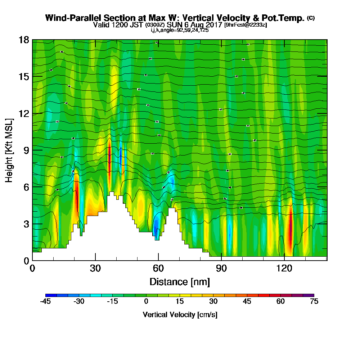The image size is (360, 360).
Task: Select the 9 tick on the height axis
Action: pos(26,150)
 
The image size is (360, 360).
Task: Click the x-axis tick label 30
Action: pos(95,268)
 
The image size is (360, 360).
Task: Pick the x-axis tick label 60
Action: pos(158,268)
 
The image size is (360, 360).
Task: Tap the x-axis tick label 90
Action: pos(221,268)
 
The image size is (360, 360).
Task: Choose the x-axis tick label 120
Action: pos(284,268)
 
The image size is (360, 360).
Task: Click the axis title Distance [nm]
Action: pos(180,281)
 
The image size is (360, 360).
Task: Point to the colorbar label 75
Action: pos(314,302)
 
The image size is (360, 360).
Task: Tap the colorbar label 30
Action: pos(213,302)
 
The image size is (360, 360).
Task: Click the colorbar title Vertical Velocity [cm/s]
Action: pos(180,315)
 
